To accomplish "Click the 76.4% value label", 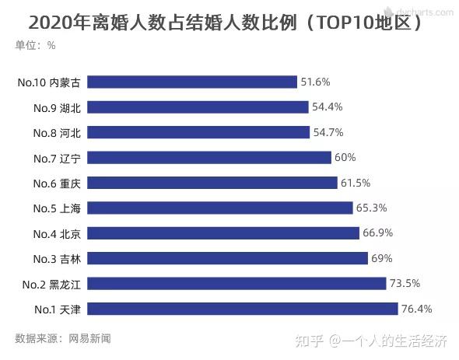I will point(416,309).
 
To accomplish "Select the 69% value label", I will point(381,258).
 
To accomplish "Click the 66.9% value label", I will point(377,232).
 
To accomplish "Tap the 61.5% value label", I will point(355,183).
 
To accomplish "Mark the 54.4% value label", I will point(327,107).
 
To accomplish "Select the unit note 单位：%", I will point(36,45).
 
